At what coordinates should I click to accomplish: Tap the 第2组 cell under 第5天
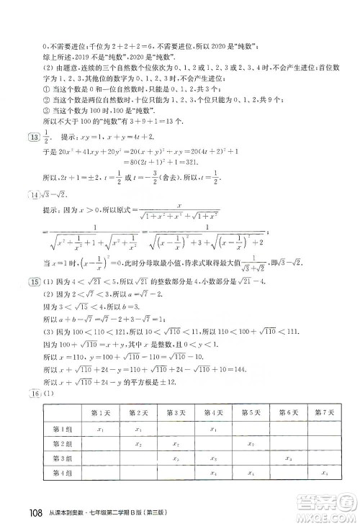(251, 443)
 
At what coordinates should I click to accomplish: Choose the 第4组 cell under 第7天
(325, 473)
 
